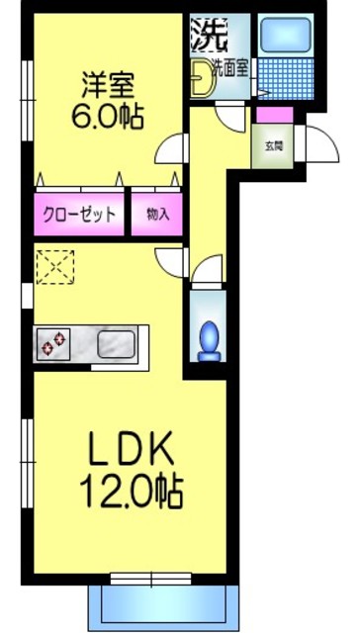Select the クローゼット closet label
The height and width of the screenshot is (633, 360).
(x=79, y=214)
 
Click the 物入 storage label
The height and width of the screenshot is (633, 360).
(x=157, y=214)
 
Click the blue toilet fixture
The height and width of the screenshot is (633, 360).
(x=208, y=339)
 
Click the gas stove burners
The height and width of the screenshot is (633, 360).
(x=52, y=345)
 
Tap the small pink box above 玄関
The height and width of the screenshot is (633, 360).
(x=268, y=114)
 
